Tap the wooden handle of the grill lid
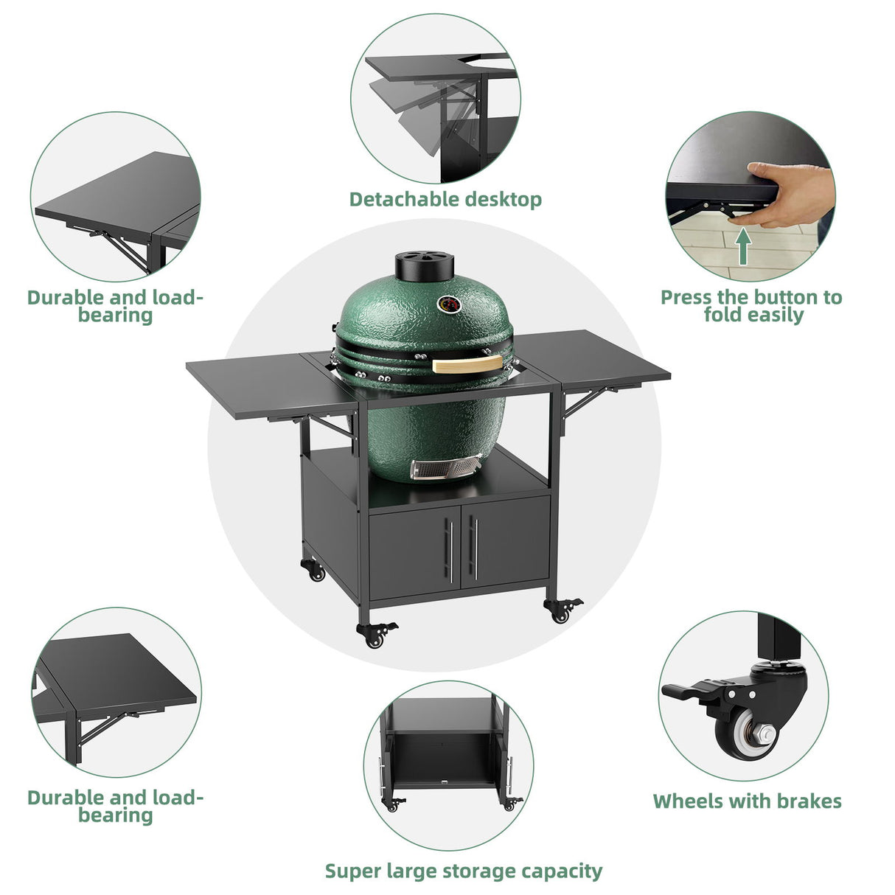pos(467,364)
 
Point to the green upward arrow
pos(744,247)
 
